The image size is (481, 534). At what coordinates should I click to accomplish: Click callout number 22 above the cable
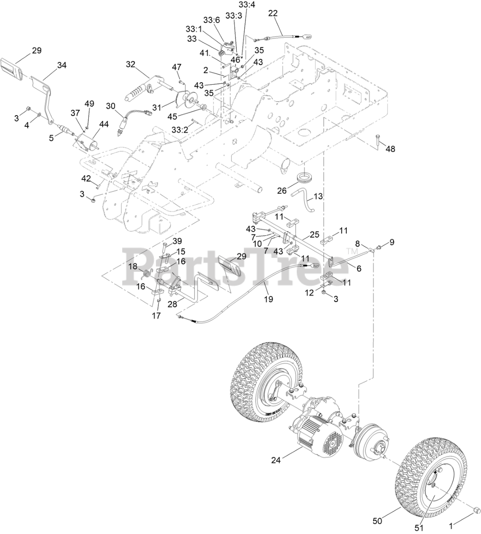pyautogui.click(x=273, y=14)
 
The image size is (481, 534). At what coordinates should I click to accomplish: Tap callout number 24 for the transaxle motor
pyautogui.click(x=276, y=460)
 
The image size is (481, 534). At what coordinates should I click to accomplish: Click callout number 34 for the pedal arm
pyautogui.click(x=62, y=65)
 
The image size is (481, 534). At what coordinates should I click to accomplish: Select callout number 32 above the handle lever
pyautogui.click(x=130, y=64)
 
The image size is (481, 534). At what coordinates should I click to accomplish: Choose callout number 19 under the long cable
pyautogui.click(x=269, y=299)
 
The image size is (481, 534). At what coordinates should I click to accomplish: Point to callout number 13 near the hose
pyautogui.click(x=318, y=196)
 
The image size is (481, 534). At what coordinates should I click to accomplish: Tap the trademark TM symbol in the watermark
pyautogui.click(x=349, y=251)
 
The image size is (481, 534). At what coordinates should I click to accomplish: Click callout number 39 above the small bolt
pyautogui.click(x=177, y=241)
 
